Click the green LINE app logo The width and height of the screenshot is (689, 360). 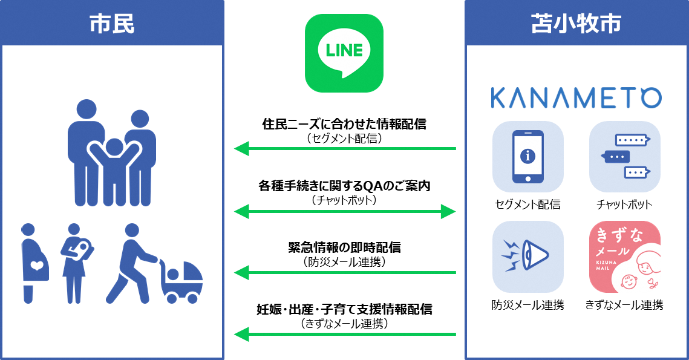pyautogui.click(x=344, y=53)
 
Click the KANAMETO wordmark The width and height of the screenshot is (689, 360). pyautogui.click(x=576, y=98)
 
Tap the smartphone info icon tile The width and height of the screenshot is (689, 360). pyautogui.click(x=527, y=157)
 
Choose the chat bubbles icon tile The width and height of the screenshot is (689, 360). pyautogui.click(x=625, y=157)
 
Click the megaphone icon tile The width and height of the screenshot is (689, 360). pyautogui.click(x=527, y=257)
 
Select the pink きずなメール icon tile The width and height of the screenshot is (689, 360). pyautogui.click(x=625, y=257)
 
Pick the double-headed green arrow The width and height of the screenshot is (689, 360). pyautogui.click(x=344, y=212)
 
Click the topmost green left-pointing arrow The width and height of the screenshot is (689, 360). pyautogui.click(x=344, y=148)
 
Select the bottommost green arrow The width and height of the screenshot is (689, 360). pyautogui.click(x=344, y=334)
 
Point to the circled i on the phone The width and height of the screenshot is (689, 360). pyautogui.click(x=528, y=156)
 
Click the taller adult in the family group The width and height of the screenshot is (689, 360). pyautogui.click(x=86, y=151)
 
